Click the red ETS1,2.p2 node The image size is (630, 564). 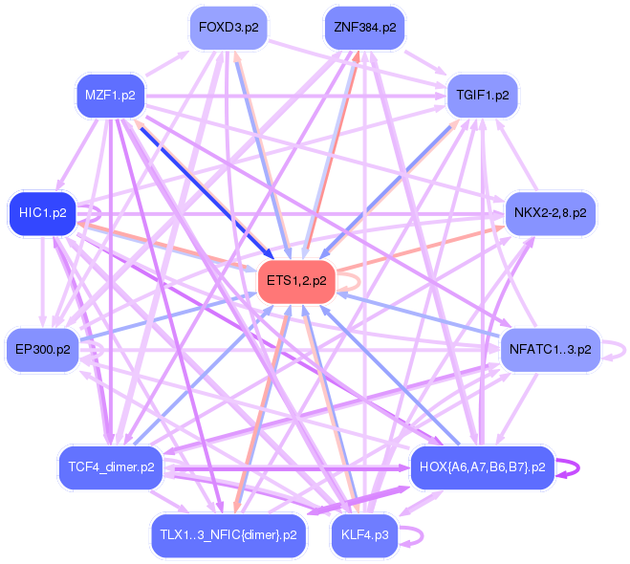point(296,281)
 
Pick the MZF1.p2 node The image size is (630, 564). point(109,96)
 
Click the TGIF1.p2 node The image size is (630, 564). point(483,96)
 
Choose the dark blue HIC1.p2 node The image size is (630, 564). point(42,212)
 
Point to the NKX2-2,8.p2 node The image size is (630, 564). point(550,212)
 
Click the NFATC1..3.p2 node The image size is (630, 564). point(550,350)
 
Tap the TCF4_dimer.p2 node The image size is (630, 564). point(111,467)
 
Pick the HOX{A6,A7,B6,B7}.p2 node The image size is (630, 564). point(482,467)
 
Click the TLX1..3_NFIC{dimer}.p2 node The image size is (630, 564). point(228,534)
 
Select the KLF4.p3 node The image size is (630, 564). point(364,534)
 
